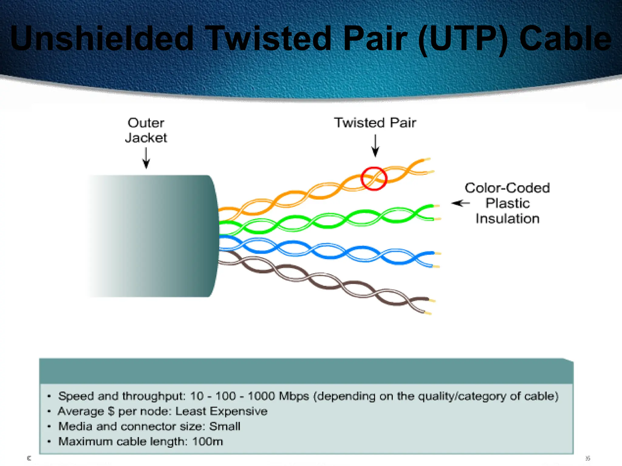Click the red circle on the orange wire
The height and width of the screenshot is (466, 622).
(374, 179)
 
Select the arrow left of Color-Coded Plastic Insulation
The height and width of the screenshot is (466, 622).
(460, 203)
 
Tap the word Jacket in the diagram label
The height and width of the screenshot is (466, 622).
(146, 138)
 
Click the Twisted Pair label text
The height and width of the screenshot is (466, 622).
(375, 123)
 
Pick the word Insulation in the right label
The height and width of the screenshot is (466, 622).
(508, 219)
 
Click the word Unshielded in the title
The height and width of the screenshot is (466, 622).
(102, 39)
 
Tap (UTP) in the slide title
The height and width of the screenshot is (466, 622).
(463, 39)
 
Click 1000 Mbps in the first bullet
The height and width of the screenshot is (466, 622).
(278, 396)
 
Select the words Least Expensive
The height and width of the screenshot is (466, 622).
(221, 411)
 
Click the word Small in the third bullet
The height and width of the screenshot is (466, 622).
(225, 427)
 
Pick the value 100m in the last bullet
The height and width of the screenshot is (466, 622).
(208, 441)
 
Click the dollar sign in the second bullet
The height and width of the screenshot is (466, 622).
(111, 411)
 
